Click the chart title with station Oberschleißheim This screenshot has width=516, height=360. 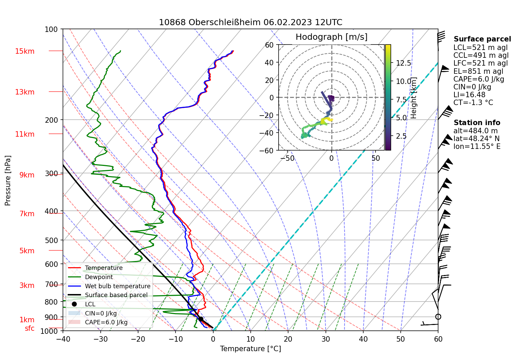coord(250,22)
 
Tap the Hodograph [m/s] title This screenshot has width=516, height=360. coord(331,37)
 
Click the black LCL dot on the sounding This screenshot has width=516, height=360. coord(201,319)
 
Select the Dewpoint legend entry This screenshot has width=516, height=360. coord(99,277)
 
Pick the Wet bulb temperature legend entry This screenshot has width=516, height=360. coord(117,286)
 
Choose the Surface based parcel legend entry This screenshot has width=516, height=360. coord(116,295)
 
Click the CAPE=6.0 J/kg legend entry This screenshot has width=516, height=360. coord(106,322)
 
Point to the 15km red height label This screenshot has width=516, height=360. coord(24,51)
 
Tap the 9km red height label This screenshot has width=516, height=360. coord(27,175)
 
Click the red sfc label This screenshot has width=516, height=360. coord(30,328)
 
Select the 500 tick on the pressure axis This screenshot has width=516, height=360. coord(51,240)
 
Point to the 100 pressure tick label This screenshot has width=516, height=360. coord(51,30)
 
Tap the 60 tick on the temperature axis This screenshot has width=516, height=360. coord(438,339)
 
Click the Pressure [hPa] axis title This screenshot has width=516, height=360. coord(8,181)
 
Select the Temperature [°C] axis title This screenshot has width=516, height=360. coord(250,349)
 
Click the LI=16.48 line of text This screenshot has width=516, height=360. coord(469,95)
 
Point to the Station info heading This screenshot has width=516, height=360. coord(477,123)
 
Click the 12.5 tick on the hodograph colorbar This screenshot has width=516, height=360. coord(403,63)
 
